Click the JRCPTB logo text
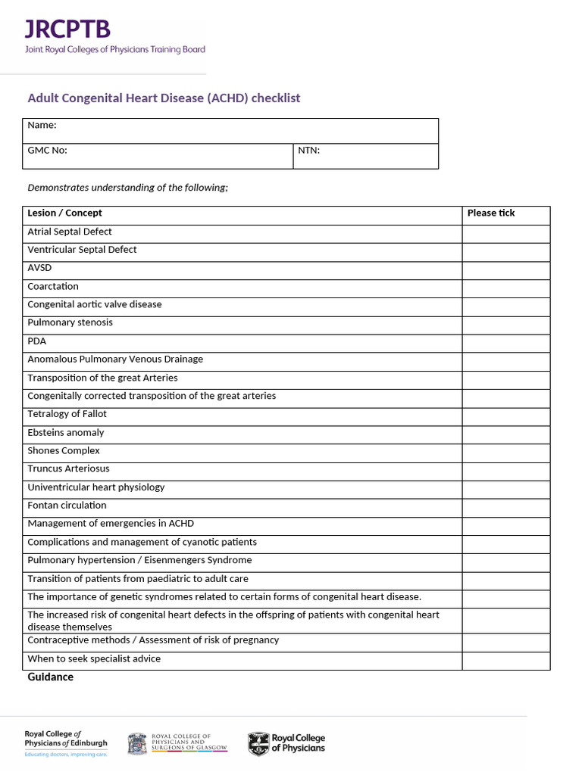point(67,30)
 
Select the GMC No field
point(159,156)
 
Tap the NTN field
point(365,156)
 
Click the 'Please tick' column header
point(491,213)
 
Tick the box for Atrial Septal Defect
point(505,232)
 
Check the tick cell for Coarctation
point(505,288)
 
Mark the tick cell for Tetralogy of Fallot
point(505,416)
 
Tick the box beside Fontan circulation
point(505,507)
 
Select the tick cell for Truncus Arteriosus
point(505,471)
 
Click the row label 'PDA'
point(37,341)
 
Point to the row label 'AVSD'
point(39,268)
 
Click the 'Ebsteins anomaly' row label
point(66,433)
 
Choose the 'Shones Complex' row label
point(64,451)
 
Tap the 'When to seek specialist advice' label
point(94,659)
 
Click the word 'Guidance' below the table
point(51,677)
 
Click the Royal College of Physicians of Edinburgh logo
point(66,742)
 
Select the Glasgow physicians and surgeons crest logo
point(137,743)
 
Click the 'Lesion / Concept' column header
point(64,213)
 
